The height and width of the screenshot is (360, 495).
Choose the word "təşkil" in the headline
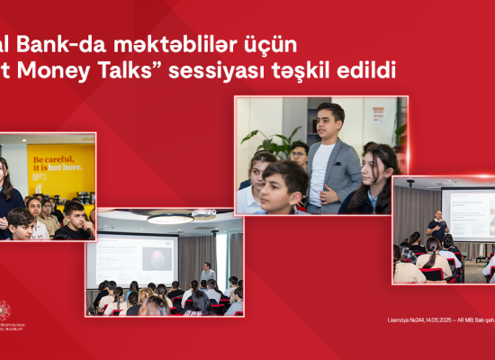tap(306, 71)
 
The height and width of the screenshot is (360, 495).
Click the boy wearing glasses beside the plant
tap(299, 154)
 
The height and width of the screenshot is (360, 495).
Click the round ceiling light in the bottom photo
tap(170, 218)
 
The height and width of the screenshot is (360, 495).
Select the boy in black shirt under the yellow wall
tap(74, 221)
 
